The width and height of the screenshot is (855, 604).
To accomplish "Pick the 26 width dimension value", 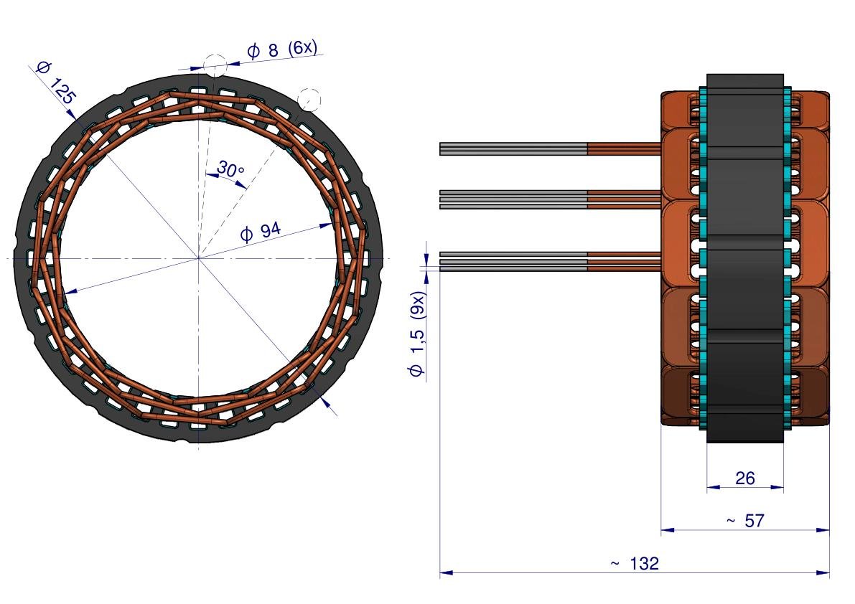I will pyautogui.click(x=745, y=477).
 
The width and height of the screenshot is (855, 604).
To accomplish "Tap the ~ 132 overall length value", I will pyautogui.click(x=635, y=564).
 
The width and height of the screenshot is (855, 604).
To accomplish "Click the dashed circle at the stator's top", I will pyautogui.click(x=215, y=65).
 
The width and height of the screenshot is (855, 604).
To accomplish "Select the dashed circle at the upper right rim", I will pyautogui.click(x=309, y=98).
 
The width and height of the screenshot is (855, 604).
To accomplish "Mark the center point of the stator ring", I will pyautogui.click(x=199, y=258).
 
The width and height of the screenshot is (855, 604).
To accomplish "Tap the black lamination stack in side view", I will pyautogui.click(x=744, y=258).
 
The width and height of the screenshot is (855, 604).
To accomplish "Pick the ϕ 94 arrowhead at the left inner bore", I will pyautogui.click(x=68, y=291).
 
